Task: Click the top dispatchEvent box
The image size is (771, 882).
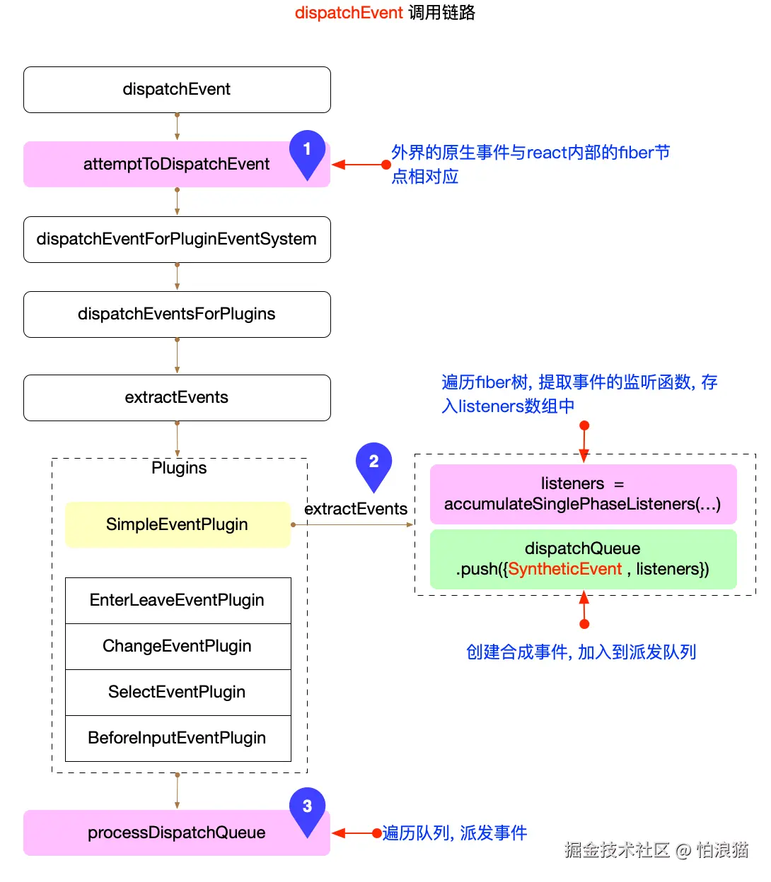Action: [177, 90]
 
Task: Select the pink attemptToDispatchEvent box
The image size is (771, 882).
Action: [177, 165]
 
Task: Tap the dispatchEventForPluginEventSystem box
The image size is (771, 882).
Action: [177, 240]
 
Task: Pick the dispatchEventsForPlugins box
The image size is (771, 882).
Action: [177, 314]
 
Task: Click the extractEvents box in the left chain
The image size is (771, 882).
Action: [177, 398]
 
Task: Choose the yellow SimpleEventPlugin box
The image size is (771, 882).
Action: [177, 524]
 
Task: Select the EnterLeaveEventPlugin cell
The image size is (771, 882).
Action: [177, 601]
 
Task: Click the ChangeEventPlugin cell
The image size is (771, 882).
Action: [177, 647]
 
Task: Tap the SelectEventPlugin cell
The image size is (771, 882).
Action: [177, 693]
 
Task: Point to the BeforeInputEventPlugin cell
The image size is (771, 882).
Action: [177, 739]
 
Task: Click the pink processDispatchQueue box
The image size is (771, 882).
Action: [177, 833]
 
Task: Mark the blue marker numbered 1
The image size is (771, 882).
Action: [307, 151]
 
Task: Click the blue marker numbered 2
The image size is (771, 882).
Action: [373, 463]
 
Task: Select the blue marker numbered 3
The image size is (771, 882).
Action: [307, 808]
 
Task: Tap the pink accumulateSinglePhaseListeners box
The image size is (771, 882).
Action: [583, 494]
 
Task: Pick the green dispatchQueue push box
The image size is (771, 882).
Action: [583, 559]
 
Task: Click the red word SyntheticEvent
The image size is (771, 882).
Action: [564, 570]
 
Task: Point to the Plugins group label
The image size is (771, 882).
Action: [179, 469]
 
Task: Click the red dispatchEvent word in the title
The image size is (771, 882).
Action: [349, 13]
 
